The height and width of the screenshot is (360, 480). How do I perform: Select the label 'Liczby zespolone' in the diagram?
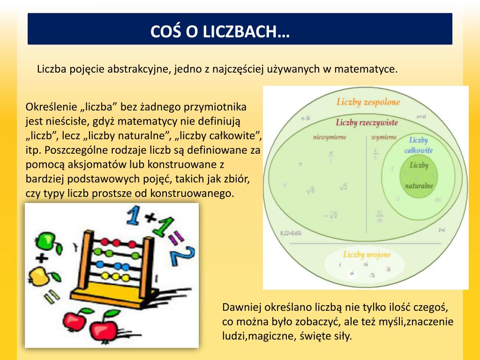pos(368,102)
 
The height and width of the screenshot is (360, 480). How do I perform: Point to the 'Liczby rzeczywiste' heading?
pos(367,123)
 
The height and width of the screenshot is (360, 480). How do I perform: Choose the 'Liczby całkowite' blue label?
pos(418,145)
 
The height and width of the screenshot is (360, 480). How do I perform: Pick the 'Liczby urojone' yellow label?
pos(367,255)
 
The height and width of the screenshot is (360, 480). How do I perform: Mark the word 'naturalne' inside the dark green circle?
pos(419,186)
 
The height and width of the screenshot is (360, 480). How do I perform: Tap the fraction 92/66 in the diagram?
pos(379,216)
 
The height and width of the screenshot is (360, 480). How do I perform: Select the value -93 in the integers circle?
pos(437,200)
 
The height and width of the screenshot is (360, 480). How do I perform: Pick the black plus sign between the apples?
pos(42,258)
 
